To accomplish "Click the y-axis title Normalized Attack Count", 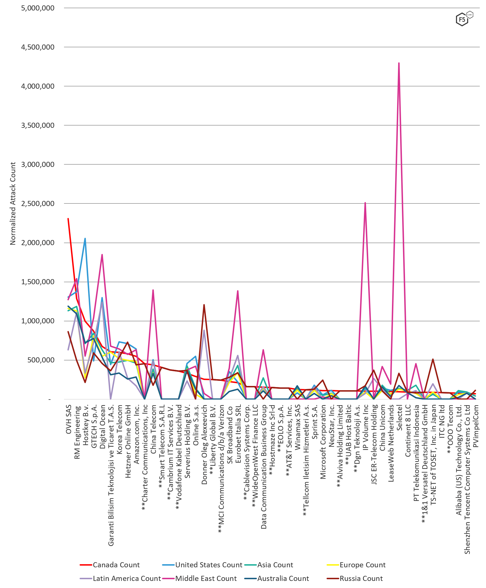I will [x=13, y=203].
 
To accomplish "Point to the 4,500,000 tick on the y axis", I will [x=38, y=47].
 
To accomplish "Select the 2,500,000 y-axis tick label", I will [x=38, y=203].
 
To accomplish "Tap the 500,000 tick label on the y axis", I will [x=41, y=360].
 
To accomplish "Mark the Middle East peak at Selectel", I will [x=399, y=63].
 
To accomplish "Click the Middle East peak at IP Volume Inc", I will [x=365, y=203].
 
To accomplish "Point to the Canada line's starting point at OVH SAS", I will [x=68, y=218].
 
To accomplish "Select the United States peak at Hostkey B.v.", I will [x=85, y=239].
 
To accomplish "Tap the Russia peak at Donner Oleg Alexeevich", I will [x=204, y=305].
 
